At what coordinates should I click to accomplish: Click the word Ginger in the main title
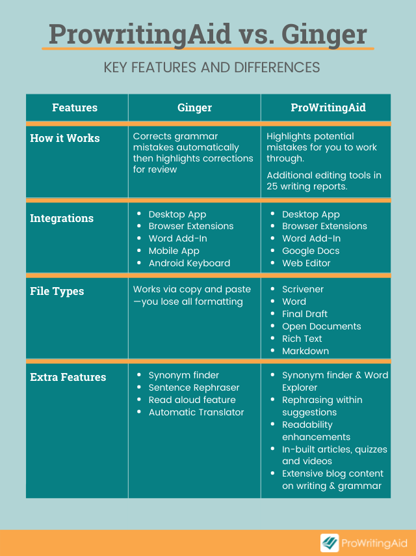coord(324,35)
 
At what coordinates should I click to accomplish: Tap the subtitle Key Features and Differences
coord(212,67)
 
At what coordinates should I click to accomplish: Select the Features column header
coord(75,107)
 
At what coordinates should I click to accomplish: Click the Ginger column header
coord(194,108)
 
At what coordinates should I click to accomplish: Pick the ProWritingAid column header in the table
coord(328,108)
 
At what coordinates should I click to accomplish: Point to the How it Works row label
coord(65,138)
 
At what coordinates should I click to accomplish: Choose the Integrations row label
coord(62,219)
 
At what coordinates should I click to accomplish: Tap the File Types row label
coord(57,292)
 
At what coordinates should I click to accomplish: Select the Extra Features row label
coord(68,377)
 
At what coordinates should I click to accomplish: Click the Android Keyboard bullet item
coord(189,263)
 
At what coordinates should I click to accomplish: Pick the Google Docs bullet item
coord(311,251)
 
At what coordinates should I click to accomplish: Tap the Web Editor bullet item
coord(306,263)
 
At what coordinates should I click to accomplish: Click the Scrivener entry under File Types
coord(303,289)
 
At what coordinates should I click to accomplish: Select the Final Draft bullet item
coord(305,314)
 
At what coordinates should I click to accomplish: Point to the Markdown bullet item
coord(305,351)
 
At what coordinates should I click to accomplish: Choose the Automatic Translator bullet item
coord(196,412)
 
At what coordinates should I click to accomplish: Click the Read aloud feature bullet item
coord(192,400)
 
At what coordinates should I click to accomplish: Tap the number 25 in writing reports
coord(272,186)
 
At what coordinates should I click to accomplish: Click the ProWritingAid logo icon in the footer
coord(330,543)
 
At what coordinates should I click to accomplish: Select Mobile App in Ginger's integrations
coord(174,251)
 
